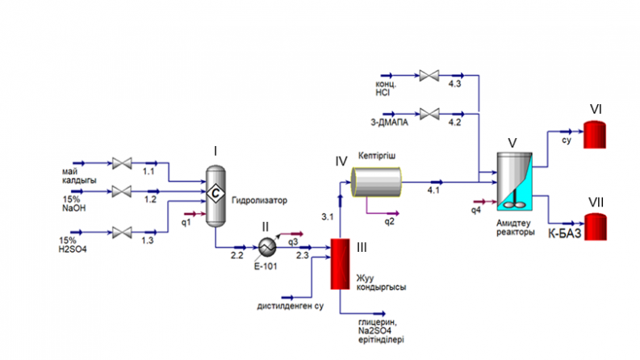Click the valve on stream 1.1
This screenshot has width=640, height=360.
point(122,164)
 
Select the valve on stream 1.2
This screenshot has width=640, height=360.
point(122,190)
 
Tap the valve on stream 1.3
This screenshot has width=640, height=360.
point(122,232)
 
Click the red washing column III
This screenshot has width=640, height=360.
point(339,262)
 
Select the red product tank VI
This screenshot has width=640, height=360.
point(596,133)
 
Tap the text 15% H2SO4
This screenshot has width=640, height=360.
point(73,244)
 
